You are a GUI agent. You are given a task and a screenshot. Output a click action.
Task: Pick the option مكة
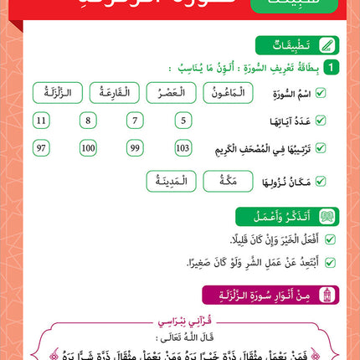[224, 179]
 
